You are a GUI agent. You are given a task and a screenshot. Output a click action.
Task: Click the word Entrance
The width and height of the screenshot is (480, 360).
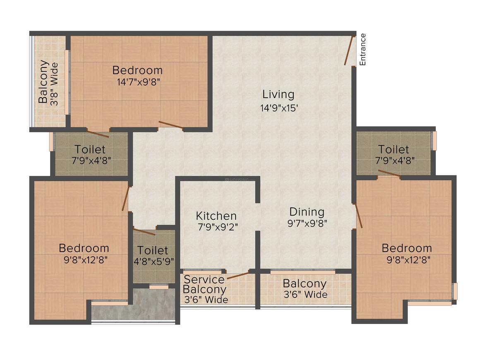pos(362,49)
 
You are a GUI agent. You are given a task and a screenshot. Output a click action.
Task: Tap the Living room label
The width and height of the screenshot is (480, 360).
pos(278,94)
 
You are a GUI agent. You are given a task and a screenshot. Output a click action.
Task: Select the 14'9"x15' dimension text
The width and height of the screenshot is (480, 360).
pos(278,108)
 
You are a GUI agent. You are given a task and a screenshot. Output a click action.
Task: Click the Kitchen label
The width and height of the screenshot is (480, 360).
pos(216,216)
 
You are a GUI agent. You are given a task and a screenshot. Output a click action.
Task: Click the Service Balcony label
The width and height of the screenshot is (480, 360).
pos(205,284)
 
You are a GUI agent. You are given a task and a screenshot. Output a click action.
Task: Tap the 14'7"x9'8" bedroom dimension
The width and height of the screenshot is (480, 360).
pos(138,82)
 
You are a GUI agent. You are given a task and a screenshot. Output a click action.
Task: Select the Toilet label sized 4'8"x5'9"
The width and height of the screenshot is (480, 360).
pos(153,250)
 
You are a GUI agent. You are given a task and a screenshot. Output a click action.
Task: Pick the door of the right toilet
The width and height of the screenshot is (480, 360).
pos(389,173)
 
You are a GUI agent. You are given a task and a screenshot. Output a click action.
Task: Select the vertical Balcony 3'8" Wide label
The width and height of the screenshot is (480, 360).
pos(48,82)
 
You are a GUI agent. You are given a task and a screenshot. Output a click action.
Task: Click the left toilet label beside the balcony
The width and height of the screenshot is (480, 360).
pos(90,149)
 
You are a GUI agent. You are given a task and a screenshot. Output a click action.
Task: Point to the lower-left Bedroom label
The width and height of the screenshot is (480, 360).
pos(84,248)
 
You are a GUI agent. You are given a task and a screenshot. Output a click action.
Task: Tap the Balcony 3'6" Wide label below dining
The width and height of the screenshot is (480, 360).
pos(305,289)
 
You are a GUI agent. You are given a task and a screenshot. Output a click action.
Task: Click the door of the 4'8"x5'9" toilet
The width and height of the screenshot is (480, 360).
pos(144,232)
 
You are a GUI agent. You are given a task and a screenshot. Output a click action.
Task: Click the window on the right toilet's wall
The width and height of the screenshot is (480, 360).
pos(434,141)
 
